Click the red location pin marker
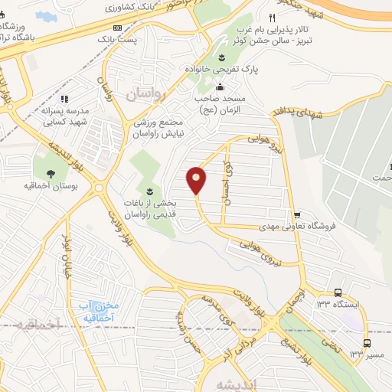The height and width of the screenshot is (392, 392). click(197, 180)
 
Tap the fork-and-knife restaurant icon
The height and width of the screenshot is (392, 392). click(272, 17)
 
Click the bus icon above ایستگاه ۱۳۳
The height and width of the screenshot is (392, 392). click(338, 292)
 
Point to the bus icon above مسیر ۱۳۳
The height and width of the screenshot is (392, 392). click(367, 342)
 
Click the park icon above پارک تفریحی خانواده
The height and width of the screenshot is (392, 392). click(221, 58)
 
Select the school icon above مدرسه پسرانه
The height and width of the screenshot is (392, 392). click(65, 98)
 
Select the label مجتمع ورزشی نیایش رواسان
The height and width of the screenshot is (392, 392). click(159, 128)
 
